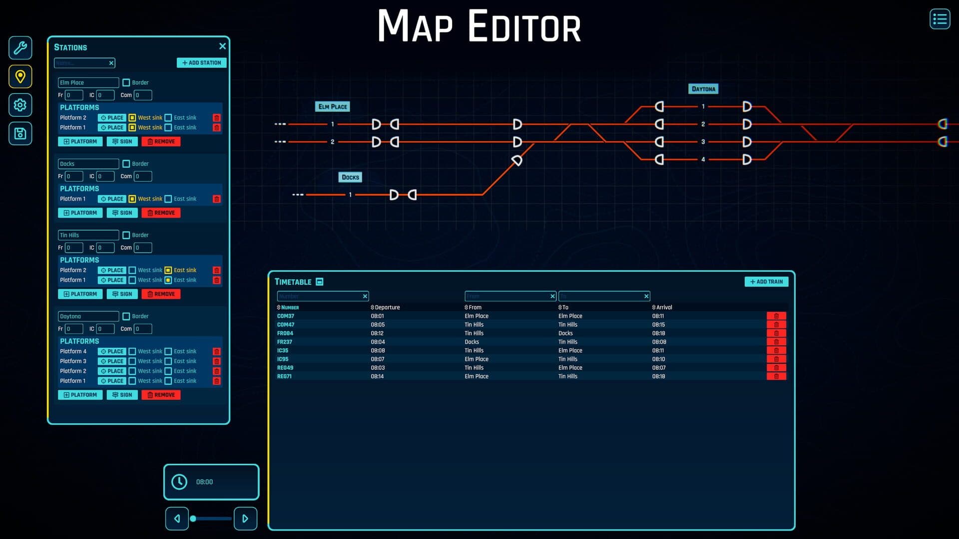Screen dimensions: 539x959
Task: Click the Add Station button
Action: [201, 63]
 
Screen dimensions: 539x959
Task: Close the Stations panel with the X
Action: [222, 46]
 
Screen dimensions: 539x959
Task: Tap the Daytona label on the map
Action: [703, 89]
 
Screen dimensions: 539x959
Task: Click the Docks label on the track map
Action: [350, 177]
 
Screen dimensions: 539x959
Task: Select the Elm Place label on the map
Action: [333, 107]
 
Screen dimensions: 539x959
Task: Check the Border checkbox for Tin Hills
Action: [126, 235]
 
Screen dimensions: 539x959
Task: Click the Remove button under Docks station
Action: [161, 213]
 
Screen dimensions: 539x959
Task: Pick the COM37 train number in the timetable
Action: [286, 316]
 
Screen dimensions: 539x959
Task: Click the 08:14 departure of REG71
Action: [377, 376]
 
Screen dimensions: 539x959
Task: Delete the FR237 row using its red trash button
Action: [776, 342]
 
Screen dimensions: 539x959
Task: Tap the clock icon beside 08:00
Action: [179, 482]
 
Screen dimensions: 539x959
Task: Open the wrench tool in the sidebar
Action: [20, 48]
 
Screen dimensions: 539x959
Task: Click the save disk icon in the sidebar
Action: [20, 133]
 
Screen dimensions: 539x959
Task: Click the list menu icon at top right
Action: [940, 19]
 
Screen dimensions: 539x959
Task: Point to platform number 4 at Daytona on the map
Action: [703, 160]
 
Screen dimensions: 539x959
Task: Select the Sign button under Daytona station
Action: [122, 395]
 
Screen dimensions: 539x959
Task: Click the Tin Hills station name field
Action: [88, 235]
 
